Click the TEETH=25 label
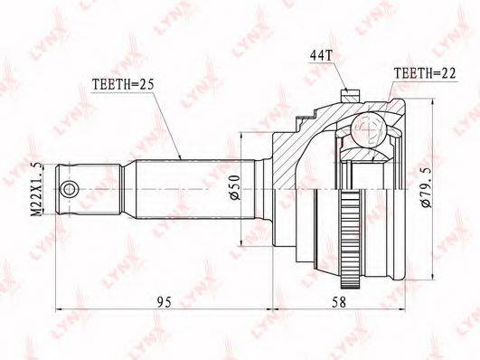pos(123,84)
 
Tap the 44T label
pos(321,55)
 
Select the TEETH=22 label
pos(425,73)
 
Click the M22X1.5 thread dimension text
pos(38,189)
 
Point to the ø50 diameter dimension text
pos(235,187)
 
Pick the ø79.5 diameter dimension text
pos(426,188)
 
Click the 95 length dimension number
pos(165,302)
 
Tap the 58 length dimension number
pos(338,302)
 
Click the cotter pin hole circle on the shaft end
pos(69,189)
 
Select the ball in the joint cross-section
pos(367,129)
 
